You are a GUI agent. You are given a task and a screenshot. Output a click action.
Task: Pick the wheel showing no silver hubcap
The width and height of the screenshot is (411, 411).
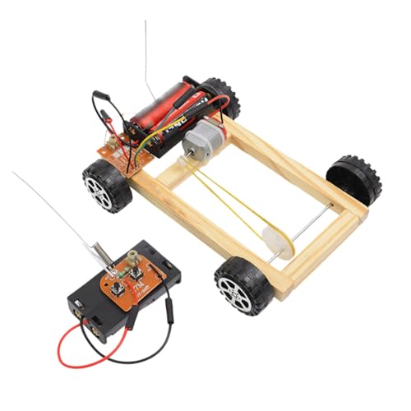coord(355,179)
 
